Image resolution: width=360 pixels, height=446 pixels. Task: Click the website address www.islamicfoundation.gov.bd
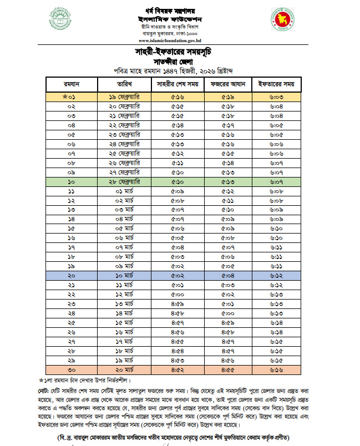coord(174,40)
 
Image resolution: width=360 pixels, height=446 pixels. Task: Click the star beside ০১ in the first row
coord(65,97)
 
